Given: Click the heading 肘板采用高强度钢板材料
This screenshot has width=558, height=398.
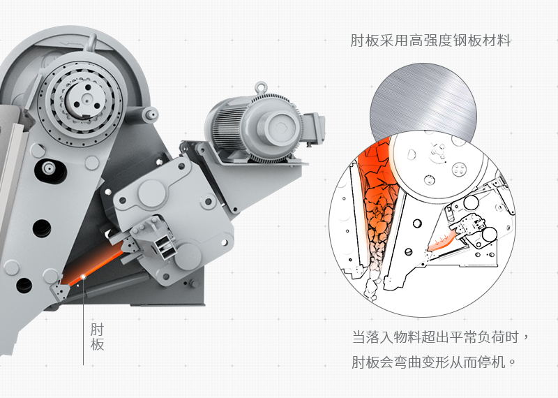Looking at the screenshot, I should [x=430, y=40].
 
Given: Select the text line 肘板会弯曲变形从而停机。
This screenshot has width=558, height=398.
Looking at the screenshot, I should [x=433, y=363].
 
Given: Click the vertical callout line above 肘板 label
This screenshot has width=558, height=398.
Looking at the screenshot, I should [x=83, y=321].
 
